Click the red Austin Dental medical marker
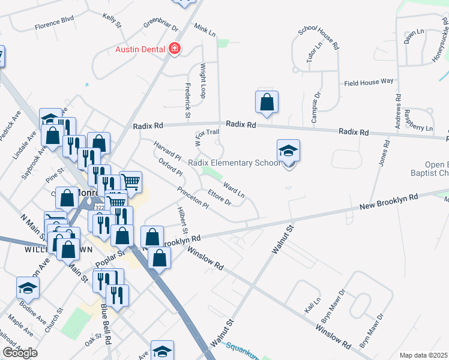pyautogui.click(x=175, y=49)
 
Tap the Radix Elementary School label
pyautogui.click(x=234, y=163)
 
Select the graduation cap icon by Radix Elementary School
pyautogui.click(x=288, y=152)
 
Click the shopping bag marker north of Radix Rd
pyautogui.click(x=267, y=103)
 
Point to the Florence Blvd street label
pyautogui.click(x=54, y=26)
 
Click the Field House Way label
pyautogui.click(x=368, y=81)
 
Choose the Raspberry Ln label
pyautogui.click(x=418, y=120)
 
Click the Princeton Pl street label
pyautogui.click(x=192, y=198)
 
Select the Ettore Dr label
pyautogui.click(x=219, y=197)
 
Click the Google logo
pyautogui.click(x=20, y=353)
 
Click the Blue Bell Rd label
pyautogui.click(x=106, y=327)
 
